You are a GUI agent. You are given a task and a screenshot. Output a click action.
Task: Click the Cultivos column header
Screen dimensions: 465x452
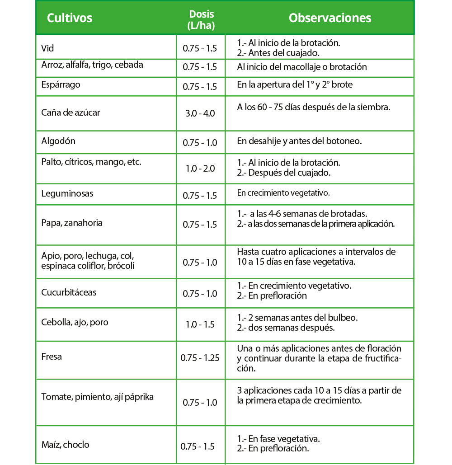click(x=70, y=18)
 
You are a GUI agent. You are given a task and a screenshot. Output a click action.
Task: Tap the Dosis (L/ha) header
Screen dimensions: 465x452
click(x=201, y=20)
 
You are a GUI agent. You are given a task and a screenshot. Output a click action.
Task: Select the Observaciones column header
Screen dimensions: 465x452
click(x=330, y=18)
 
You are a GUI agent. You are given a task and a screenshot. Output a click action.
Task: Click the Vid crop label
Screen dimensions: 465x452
click(x=47, y=48)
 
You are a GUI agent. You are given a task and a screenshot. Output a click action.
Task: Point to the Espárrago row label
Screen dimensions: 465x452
click(x=61, y=84)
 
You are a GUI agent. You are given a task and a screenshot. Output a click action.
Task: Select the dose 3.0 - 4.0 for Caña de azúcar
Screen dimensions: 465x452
click(x=200, y=113)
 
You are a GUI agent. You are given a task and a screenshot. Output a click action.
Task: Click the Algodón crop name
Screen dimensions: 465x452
click(x=58, y=141)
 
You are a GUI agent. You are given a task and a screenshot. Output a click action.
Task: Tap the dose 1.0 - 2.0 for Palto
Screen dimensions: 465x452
click(x=200, y=169)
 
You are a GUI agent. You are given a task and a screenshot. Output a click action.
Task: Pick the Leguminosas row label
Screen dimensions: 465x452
click(x=67, y=193)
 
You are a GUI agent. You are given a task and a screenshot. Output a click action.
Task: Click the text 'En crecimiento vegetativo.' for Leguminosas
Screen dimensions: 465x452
click(x=283, y=193)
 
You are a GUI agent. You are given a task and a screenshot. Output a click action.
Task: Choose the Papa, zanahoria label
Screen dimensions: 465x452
click(x=72, y=223)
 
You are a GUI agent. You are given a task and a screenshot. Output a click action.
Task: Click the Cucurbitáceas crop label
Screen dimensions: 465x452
click(x=69, y=292)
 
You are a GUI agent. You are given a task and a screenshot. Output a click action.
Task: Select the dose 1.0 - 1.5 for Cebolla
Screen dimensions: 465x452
click(x=200, y=324)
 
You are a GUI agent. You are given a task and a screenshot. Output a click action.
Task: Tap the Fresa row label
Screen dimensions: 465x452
click(x=52, y=357)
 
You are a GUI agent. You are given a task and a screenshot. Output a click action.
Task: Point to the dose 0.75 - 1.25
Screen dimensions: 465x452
click(x=200, y=358)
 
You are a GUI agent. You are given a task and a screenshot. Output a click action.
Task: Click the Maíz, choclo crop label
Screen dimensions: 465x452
click(x=65, y=445)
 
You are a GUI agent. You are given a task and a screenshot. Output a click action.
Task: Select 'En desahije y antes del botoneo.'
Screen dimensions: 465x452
click(x=299, y=141)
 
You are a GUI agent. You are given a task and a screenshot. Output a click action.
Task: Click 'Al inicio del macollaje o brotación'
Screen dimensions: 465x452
click(x=301, y=67)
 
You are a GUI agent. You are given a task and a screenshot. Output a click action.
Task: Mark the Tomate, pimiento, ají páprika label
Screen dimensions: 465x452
click(x=98, y=397)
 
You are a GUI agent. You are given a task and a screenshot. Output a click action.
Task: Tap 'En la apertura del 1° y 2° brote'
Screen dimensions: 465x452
click(x=295, y=85)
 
